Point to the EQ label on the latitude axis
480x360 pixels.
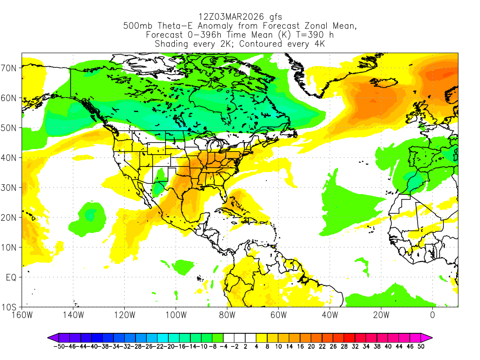click(x=11, y=277)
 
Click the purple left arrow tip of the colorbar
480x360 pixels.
click(x=50, y=337)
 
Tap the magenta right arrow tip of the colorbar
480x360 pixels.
click(x=430, y=337)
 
